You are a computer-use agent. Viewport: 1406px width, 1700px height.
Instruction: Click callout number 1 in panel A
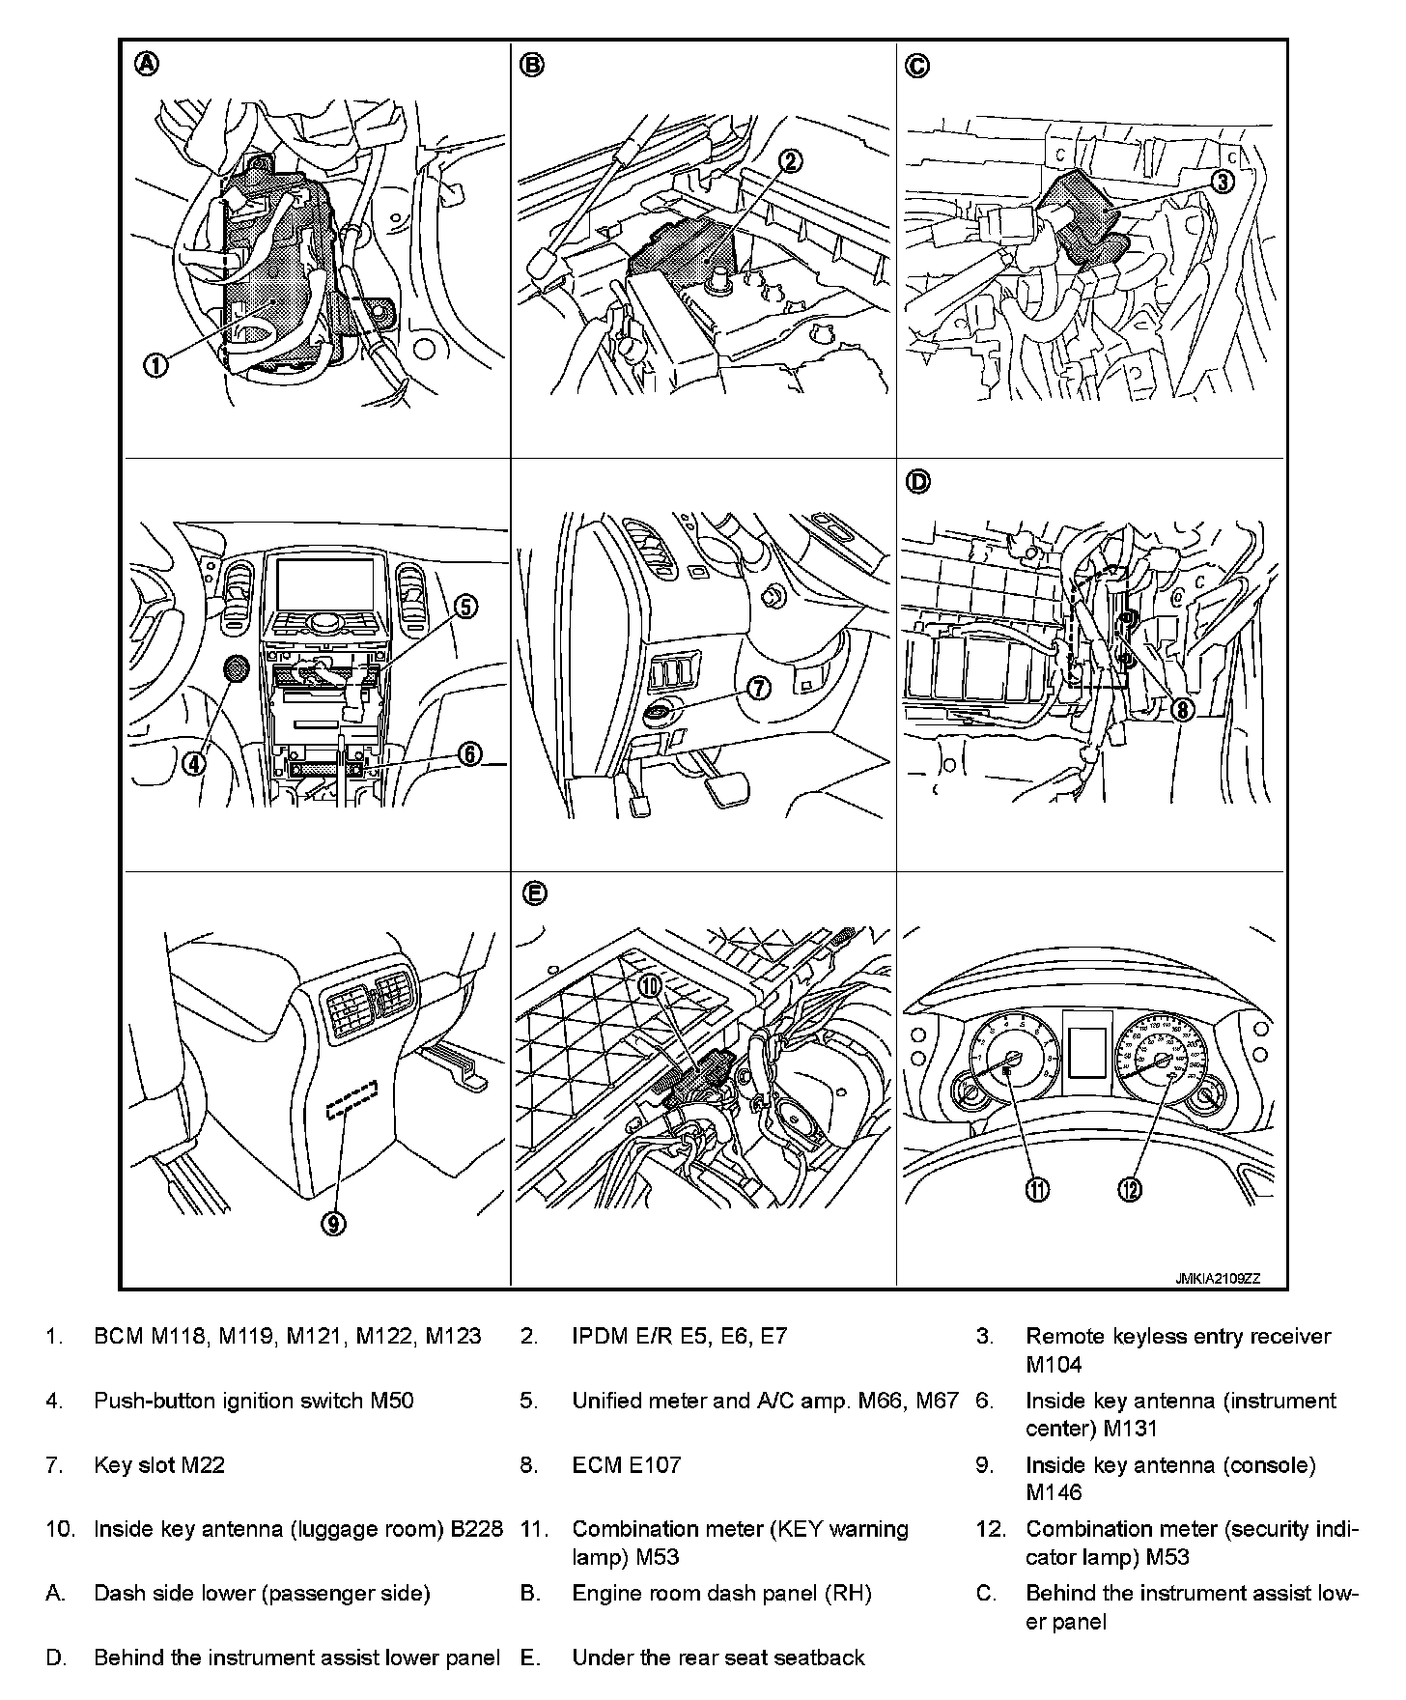coord(155,364)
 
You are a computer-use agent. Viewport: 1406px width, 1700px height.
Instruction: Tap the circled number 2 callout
coord(790,161)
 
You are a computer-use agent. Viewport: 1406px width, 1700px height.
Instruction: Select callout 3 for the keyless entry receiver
coord(1223,182)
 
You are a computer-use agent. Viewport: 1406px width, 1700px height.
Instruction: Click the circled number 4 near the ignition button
coord(194,763)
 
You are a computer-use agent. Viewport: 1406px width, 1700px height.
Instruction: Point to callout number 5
coord(465,607)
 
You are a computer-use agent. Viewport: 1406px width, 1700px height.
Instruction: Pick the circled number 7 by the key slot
coord(758,688)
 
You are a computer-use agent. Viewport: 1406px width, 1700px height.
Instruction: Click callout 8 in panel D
coord(1182,709)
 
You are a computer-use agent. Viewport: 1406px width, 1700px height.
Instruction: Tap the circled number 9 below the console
coord(333,1224)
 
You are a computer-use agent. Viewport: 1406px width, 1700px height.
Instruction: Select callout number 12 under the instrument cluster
coord(1129,1190)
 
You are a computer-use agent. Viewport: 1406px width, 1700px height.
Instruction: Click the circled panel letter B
coord(532,65)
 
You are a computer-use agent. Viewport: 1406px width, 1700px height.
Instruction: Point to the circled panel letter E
coord(534,894)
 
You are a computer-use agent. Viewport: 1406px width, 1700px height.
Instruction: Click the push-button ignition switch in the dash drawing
coord(235,668)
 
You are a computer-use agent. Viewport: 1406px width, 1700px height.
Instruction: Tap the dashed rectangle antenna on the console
coord(351,1100)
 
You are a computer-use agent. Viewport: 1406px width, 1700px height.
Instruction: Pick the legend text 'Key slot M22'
coord(159,1464)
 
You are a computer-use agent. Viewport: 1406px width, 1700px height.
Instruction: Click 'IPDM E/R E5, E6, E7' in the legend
coord(680,1336)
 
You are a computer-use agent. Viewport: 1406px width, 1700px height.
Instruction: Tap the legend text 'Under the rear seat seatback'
coord(718,1657)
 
